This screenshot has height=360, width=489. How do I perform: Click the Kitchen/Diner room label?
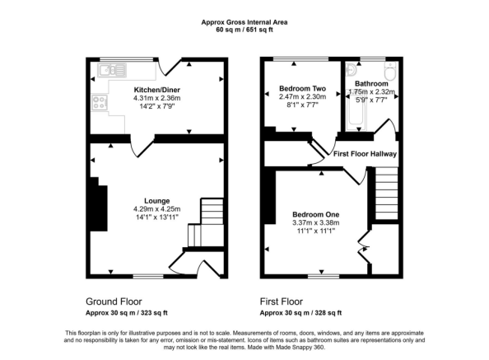[x=157, y=90]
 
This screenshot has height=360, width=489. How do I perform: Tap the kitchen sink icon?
[x=112, y=70]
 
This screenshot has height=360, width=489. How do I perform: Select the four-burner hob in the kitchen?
[x=100, y=102]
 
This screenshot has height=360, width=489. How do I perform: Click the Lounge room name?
[x=157, y=201]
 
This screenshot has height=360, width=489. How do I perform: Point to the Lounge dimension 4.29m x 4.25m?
[x=157, y=209]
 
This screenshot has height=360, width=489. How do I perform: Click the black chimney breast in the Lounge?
[x=99, y=204]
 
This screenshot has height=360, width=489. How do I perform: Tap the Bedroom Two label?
[x=302, y=89]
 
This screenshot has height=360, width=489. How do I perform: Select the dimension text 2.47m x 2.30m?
[x=302, y=96]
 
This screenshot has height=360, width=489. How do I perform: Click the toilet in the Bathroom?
[x=390, y=71]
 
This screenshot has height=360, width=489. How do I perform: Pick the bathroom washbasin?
[x=352, y=69]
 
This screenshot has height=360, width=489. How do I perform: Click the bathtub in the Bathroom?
[x=356, y=110]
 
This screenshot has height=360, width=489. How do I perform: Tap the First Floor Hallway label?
[x=365, y=154]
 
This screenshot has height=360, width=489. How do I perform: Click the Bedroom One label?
[x=315, y=215]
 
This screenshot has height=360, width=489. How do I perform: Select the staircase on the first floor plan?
[x=386, y=194]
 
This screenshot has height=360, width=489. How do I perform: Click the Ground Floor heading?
[x=114, y=302]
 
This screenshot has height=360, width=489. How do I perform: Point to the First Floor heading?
[x=282, y=302]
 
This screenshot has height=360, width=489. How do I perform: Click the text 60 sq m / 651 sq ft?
[x=244, y=30]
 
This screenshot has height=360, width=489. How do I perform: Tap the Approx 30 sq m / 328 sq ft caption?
[x=300, y=312]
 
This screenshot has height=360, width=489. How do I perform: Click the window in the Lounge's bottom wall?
[x=148, y=277]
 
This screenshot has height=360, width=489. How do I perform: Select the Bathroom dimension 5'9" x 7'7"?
[x=371, y=101]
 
